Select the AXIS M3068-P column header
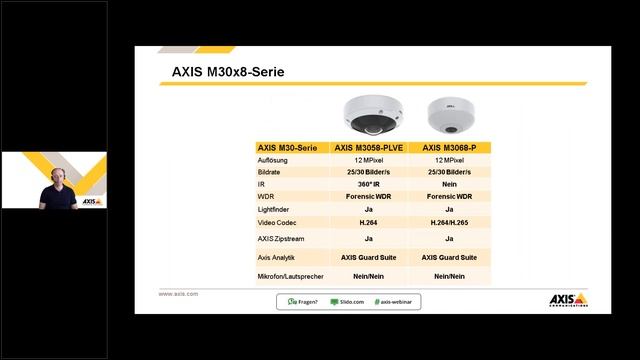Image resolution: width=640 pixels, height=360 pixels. point(448,148)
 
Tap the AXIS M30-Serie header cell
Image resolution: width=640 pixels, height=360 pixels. point(287,148)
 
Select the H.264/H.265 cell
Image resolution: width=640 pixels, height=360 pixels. point(448,222)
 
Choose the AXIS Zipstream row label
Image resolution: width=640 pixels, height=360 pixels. point(280,239)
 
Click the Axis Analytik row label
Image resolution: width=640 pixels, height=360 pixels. point(277,257)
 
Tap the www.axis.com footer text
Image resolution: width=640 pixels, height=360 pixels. point(178,294)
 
